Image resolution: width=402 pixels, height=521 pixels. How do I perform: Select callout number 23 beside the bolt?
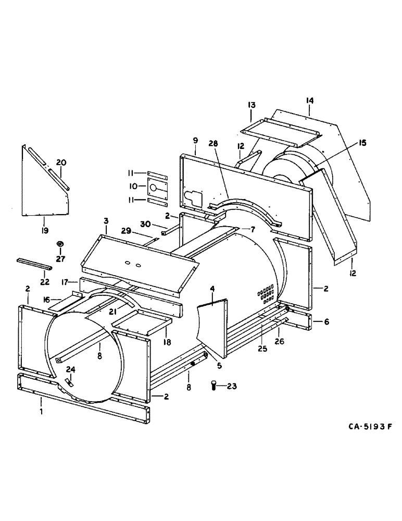point(231,386)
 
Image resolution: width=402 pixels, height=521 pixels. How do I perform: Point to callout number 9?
point(195,140)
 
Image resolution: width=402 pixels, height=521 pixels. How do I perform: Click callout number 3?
point(106,221)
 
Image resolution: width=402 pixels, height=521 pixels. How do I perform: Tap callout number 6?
point(326,322)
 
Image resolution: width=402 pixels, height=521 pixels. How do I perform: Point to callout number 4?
point(212,288)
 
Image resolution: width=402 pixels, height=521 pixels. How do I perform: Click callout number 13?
point(252,106)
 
